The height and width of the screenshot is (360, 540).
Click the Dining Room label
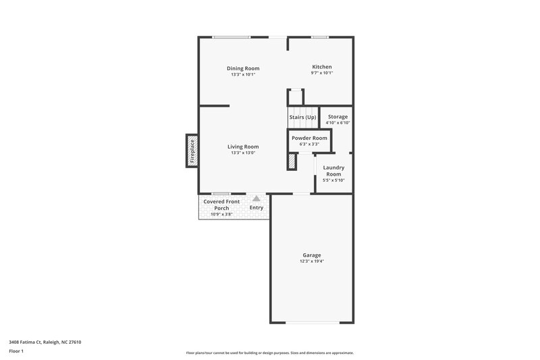243,68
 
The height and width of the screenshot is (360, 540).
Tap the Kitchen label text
321,66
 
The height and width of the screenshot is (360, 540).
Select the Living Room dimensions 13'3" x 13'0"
243,153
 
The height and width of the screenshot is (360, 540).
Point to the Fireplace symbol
191,151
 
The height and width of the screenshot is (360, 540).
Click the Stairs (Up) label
302,118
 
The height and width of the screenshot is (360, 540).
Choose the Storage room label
337,117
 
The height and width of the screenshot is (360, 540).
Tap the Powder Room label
309,138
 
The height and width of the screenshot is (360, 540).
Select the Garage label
311,255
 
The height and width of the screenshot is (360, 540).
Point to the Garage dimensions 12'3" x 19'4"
311,261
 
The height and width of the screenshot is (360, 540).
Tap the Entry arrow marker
256,199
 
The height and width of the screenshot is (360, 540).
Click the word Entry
256,207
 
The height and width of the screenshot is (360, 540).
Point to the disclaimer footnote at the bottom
269,353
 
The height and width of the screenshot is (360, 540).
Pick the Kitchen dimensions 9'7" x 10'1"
321,73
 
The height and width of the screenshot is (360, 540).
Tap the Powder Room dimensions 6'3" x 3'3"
309,144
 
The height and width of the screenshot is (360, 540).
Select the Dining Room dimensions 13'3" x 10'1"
243,74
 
